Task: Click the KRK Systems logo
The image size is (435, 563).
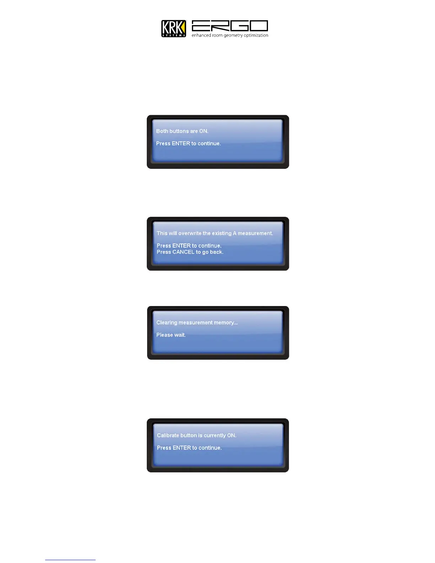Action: pos(173,28)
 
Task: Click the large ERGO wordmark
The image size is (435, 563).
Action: pos(230,26)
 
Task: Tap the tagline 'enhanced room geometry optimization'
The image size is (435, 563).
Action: pos(230,36)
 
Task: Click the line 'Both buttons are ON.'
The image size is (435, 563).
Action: pos(182,131)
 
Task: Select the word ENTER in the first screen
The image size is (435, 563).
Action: pos(181,144)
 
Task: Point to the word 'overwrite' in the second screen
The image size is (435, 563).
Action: pos(190,234)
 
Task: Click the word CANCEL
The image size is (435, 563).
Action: pos(183,252)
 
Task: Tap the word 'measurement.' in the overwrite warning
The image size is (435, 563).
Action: pos(255,234)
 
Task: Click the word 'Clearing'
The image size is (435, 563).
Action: pos(167,323)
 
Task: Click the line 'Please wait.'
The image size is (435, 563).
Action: pos(171,335)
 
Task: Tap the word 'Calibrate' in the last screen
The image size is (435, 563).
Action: pos(168,435)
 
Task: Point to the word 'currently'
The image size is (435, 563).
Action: pos(215,435)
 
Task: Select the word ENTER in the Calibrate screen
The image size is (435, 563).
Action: pos(182,448)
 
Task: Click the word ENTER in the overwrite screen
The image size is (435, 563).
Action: pos(181,246)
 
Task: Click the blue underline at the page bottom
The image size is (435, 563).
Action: pos(70,560)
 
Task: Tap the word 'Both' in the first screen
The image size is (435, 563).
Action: pos(162,131)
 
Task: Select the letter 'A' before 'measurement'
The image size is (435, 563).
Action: pos(235,234)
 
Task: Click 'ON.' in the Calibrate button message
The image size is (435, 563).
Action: pos(232,435)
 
